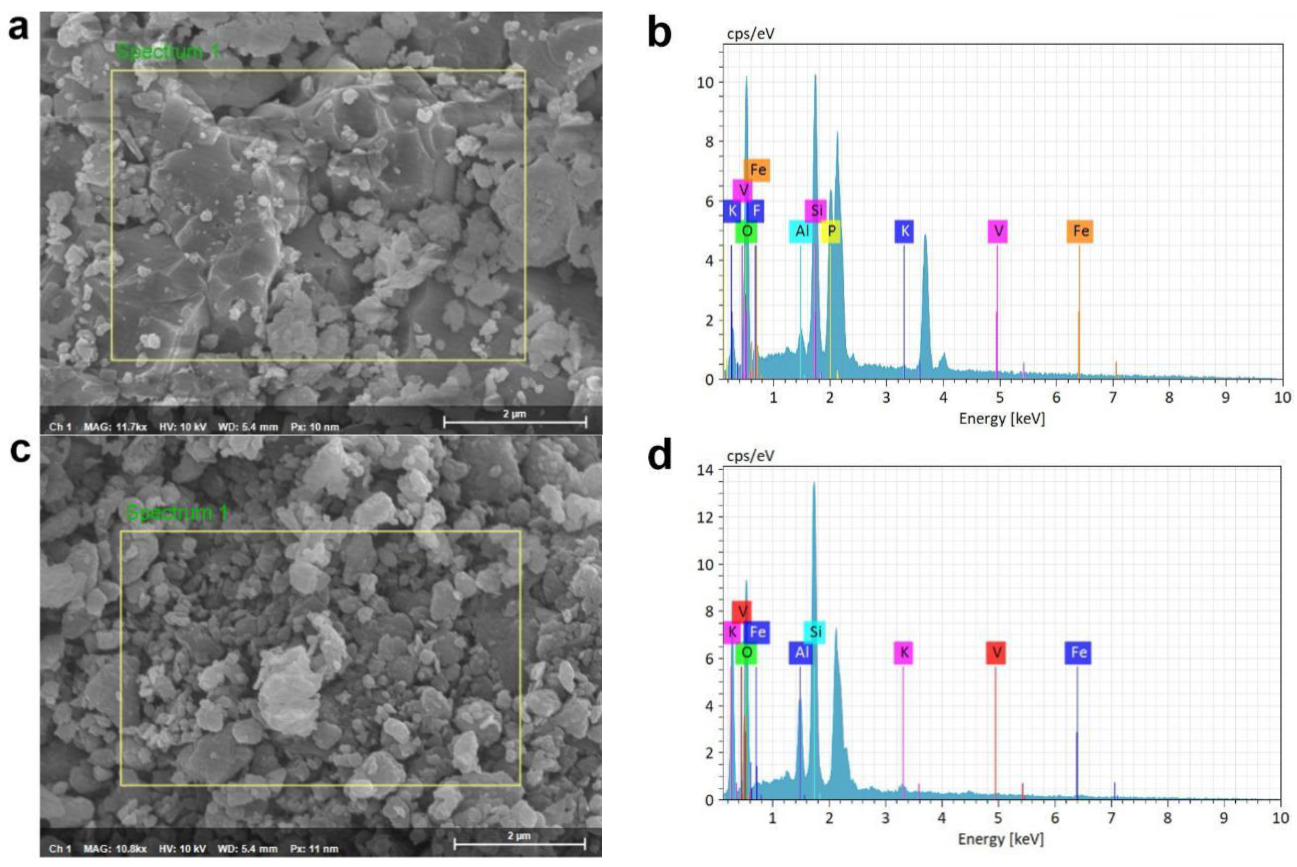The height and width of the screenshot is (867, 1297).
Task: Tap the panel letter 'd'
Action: click(x=660, y=455)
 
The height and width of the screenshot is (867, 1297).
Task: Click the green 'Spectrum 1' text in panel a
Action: click(x=168, y=52)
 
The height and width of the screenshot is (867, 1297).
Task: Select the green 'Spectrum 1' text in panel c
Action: click(x=176, y=512)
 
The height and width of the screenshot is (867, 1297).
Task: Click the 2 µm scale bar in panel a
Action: click(x=515, y=423)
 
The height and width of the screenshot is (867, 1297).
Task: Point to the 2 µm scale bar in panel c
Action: click(x=519, y=844)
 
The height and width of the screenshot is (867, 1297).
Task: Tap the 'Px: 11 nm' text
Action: click(x=314, y=849)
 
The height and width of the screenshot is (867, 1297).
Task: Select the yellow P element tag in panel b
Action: click(x=831, y=231)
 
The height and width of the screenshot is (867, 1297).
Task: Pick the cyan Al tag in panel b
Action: click(x=802, y=231)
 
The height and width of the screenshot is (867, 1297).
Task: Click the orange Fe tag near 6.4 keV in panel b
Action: click(x=1080, y=231)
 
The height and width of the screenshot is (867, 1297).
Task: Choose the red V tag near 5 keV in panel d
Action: click(x=996, y=653)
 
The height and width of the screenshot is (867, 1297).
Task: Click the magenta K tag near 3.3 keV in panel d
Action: click(x=903, y=653)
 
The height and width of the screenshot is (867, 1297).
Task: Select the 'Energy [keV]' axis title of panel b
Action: click(x=1002, y=419)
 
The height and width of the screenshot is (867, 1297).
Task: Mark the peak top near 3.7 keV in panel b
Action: click(x=925, y=236)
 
